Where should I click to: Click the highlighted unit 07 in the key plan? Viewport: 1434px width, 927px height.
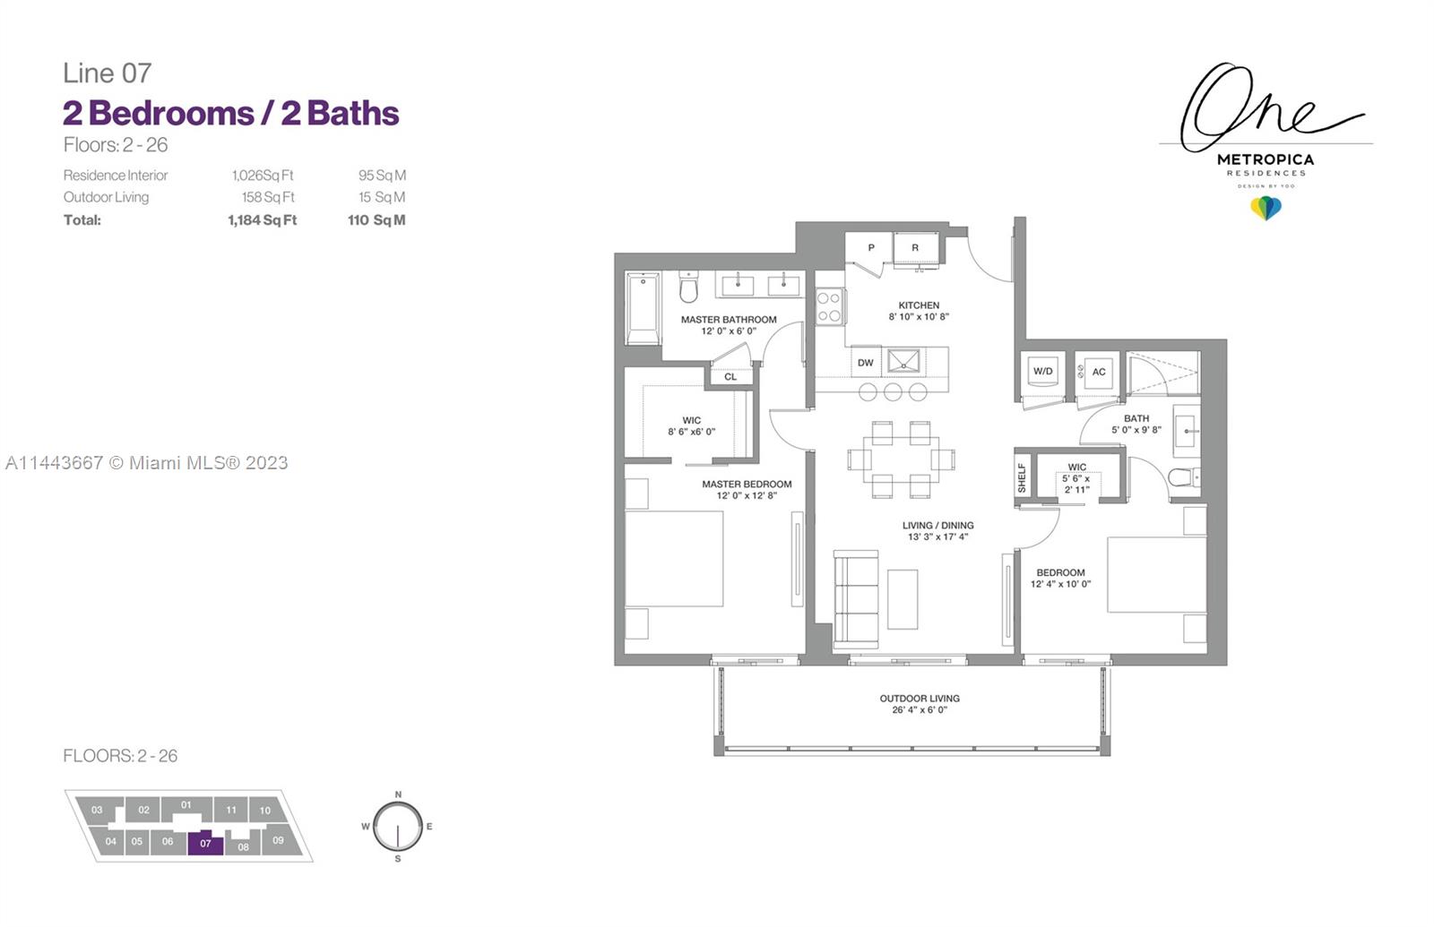pyautogui.click(x=205, y=843)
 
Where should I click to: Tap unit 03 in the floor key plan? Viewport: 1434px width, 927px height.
pyautogui.click(x=97, y=810)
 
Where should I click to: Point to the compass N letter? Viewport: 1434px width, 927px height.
pyautogui.click(x=398, y=794)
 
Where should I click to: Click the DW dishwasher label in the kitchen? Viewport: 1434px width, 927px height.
pyautogui.click(x=866, y=363)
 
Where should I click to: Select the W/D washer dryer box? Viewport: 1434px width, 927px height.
pyautogui.click(x=1043, y=373)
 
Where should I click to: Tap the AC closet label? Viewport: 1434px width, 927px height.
pyautogui.click(x=1099, y=372)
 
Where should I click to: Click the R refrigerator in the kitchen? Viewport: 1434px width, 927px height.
pyautogui.click(x=916, y=249)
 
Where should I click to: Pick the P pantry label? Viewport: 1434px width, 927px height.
pyautogui.click(x=871, y=247)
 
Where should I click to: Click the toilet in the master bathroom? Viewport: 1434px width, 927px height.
pyautogui.click(x=688, y=288)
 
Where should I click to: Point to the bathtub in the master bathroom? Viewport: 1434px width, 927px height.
pyautogui.click(x=643, y=308)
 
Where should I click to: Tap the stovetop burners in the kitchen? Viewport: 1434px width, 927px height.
pyautogui.click(x=830, y=307)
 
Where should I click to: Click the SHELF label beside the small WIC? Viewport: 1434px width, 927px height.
pyautogui.click(x=1022, y=478)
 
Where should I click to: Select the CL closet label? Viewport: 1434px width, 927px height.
pyautogui.click(x=730, y=377)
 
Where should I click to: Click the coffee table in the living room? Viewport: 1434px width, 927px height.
pyautogui.click(x=903, y=599)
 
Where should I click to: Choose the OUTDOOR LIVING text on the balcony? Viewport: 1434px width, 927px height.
pyautogui.click(x=920, y=699)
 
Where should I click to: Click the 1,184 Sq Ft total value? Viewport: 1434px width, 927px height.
pyautogui.click(x=263, y=220)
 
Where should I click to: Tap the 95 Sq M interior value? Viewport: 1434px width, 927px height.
pyautogui.click(x=382, y=176)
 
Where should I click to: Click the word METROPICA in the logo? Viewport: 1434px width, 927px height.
pyautogui.click(x=1266, y=160)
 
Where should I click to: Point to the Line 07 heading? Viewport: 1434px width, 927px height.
pyautogui.click(x=108, y=73)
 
